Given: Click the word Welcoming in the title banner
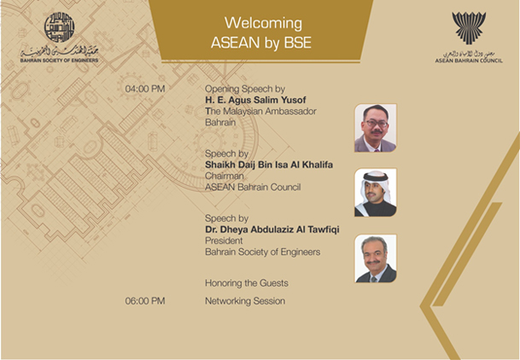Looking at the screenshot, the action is pyautogui.click(x=263, y=24).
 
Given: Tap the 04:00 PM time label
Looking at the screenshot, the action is pyautogui.click(x=145, y=89).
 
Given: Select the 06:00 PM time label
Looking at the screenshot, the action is pyautogui.click(x=145, y=301).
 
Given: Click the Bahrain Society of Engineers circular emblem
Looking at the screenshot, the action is pyautogui.click(x=60, y=27).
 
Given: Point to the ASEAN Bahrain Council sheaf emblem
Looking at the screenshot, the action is pyautogui.click(x=469, y=28).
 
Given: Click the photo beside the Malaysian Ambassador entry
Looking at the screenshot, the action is pyautogui.click(x=376, y=128).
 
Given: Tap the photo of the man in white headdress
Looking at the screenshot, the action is pyautogui.click(x=376, y=193).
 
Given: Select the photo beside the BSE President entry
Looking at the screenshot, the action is pyautogui.click(x=376, y=258).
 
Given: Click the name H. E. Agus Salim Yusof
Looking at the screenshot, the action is pyautogui.click(x=255, y=100).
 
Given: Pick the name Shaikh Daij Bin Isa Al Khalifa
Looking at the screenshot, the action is pyautogui.click(x=269, y=165).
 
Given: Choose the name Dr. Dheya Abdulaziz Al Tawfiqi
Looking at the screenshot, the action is pyautogui.click(x=272, y=229).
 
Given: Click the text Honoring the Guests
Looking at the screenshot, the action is pyautogui.click(x=247, y=283).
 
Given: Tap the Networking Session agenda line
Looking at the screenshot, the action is pyautogui.click(x=245, y=301).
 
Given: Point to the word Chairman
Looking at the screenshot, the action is pyautogui.click(x=225, y=176).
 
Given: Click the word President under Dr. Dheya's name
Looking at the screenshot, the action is pyautogui.click(x=224, y=241).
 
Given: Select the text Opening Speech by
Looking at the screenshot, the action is pyautogui.click(x=245, y=89).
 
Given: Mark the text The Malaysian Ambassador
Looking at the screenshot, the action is pyautogui.click(x=260, y=111).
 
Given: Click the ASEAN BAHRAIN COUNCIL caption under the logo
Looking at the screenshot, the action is pyautogui.click(x=469, y=61).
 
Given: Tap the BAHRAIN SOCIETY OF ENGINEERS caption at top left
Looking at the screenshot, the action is pyautogui.click(x=60, y=61).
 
